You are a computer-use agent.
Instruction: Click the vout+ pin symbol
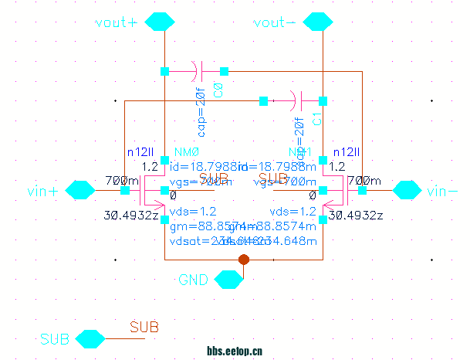[159, 22]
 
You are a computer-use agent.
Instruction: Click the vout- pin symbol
[316, 22]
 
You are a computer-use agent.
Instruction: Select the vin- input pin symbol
[407, 190]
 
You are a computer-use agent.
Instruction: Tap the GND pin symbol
[227, 279]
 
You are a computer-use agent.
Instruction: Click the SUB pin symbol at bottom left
[90, 339]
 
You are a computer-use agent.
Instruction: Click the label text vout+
[115, 22]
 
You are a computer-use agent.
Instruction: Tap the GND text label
[192, 279]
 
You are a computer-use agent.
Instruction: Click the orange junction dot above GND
[244, 260]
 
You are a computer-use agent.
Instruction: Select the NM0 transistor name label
[188, 152]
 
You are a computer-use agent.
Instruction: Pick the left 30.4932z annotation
[130, 215]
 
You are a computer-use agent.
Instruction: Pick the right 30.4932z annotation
[356, 215]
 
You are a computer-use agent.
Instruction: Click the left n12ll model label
[141, 152]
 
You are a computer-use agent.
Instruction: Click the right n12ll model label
[347, 152]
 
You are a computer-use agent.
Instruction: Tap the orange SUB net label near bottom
[144, 328]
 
